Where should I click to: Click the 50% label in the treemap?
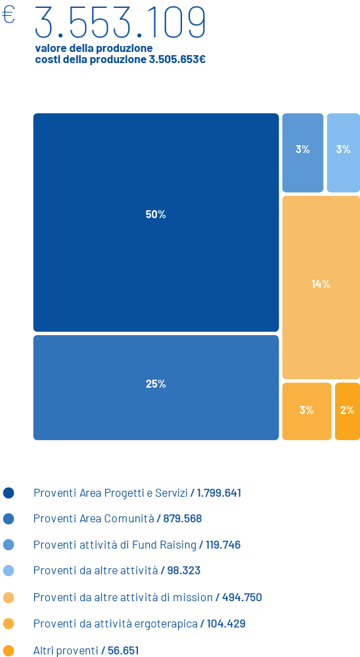156,215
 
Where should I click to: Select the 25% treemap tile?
156,388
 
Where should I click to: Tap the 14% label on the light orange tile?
321,284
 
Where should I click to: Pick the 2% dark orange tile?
348,411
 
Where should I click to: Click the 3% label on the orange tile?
307,410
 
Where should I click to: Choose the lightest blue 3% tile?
343,152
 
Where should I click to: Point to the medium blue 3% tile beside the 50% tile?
303,152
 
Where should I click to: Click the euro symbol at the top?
9,16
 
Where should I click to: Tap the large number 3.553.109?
120,22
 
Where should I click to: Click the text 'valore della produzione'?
94,48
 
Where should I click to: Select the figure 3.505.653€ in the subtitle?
177,60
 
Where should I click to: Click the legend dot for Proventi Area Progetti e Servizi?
9,493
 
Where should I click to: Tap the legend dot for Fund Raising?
9,545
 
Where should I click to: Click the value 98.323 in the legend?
183,571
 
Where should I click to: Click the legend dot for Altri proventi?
9,650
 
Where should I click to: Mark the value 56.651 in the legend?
124,650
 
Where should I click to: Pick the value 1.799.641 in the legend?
219,493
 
